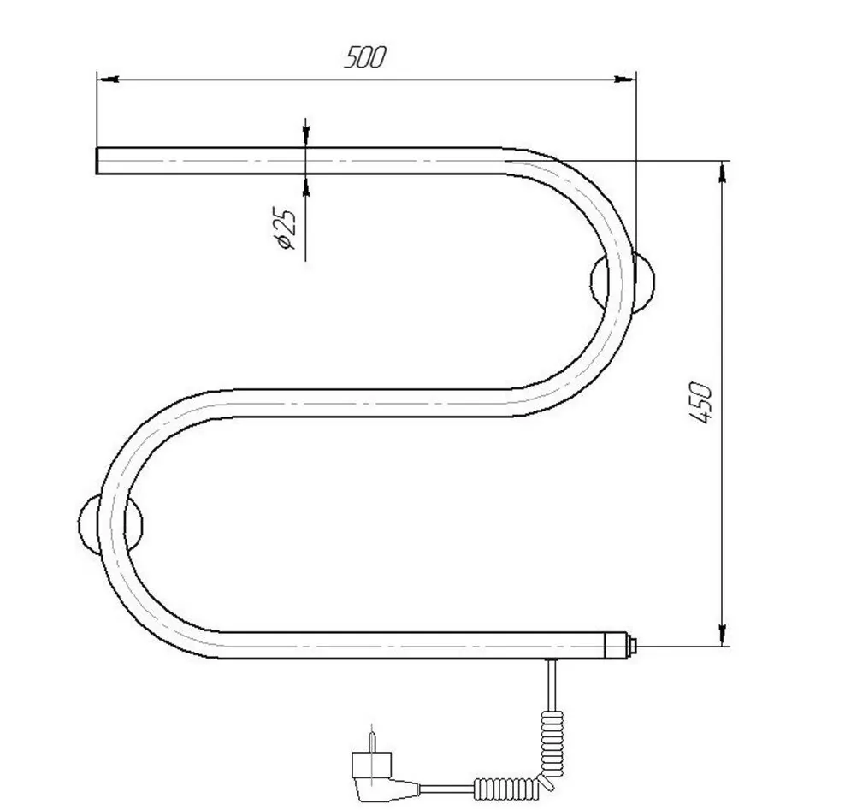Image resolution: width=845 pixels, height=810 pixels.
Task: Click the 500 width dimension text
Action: [x=365, y=58]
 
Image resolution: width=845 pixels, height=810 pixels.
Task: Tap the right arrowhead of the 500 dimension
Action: [x=626, y=80]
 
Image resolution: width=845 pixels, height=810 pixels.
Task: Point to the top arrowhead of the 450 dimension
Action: [x=723, y=171]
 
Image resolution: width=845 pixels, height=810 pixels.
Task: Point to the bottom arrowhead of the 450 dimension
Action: [x=723, y=637]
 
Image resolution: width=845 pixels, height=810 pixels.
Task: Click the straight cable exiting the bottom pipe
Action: [x=552, y=680]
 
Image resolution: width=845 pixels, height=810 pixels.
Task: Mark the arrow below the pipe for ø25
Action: [x=306, y=183]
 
